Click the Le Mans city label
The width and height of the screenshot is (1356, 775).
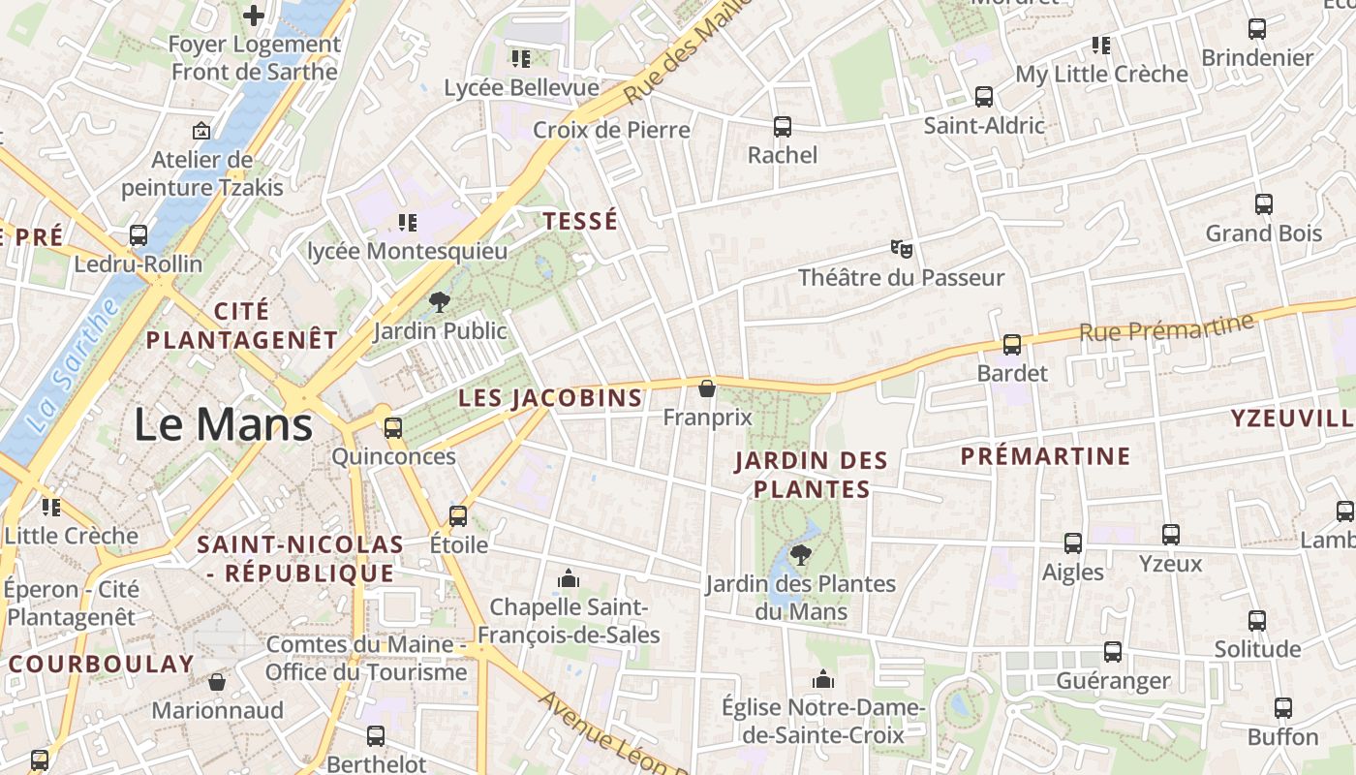(x=223, y=425)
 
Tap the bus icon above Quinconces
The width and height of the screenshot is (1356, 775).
(x=393, y=428)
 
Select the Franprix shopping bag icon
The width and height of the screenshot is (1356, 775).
(x=707, y=388)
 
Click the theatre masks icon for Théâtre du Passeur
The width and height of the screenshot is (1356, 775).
(x=902, y=249)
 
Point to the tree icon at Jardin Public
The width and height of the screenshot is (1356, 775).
(x=440, y=301)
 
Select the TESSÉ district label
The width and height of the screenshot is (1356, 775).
(x=580, y=221)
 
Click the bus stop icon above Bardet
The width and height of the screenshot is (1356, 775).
(x=1012, y=344)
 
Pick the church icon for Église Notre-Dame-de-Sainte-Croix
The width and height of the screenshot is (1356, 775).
(x=823, y=679)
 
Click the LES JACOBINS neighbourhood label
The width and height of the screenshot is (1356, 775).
(x=550, y=397)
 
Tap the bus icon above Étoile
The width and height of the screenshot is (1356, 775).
(x=458, y=515)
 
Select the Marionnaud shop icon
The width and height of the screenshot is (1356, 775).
(x=217, y=682)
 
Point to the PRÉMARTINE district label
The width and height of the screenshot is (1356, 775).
(x=1045, y=456)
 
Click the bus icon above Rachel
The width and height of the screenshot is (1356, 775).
(x=783, y=127)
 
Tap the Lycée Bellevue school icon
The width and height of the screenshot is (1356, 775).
(x=521, y=59)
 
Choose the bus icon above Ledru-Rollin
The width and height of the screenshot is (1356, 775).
(x=139, y=235)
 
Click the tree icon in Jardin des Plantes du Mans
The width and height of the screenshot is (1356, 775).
(x=800, y=555)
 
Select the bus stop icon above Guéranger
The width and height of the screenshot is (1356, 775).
(x=1113, y=652)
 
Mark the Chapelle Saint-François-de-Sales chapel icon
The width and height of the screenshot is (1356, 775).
(x=569, y=579)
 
